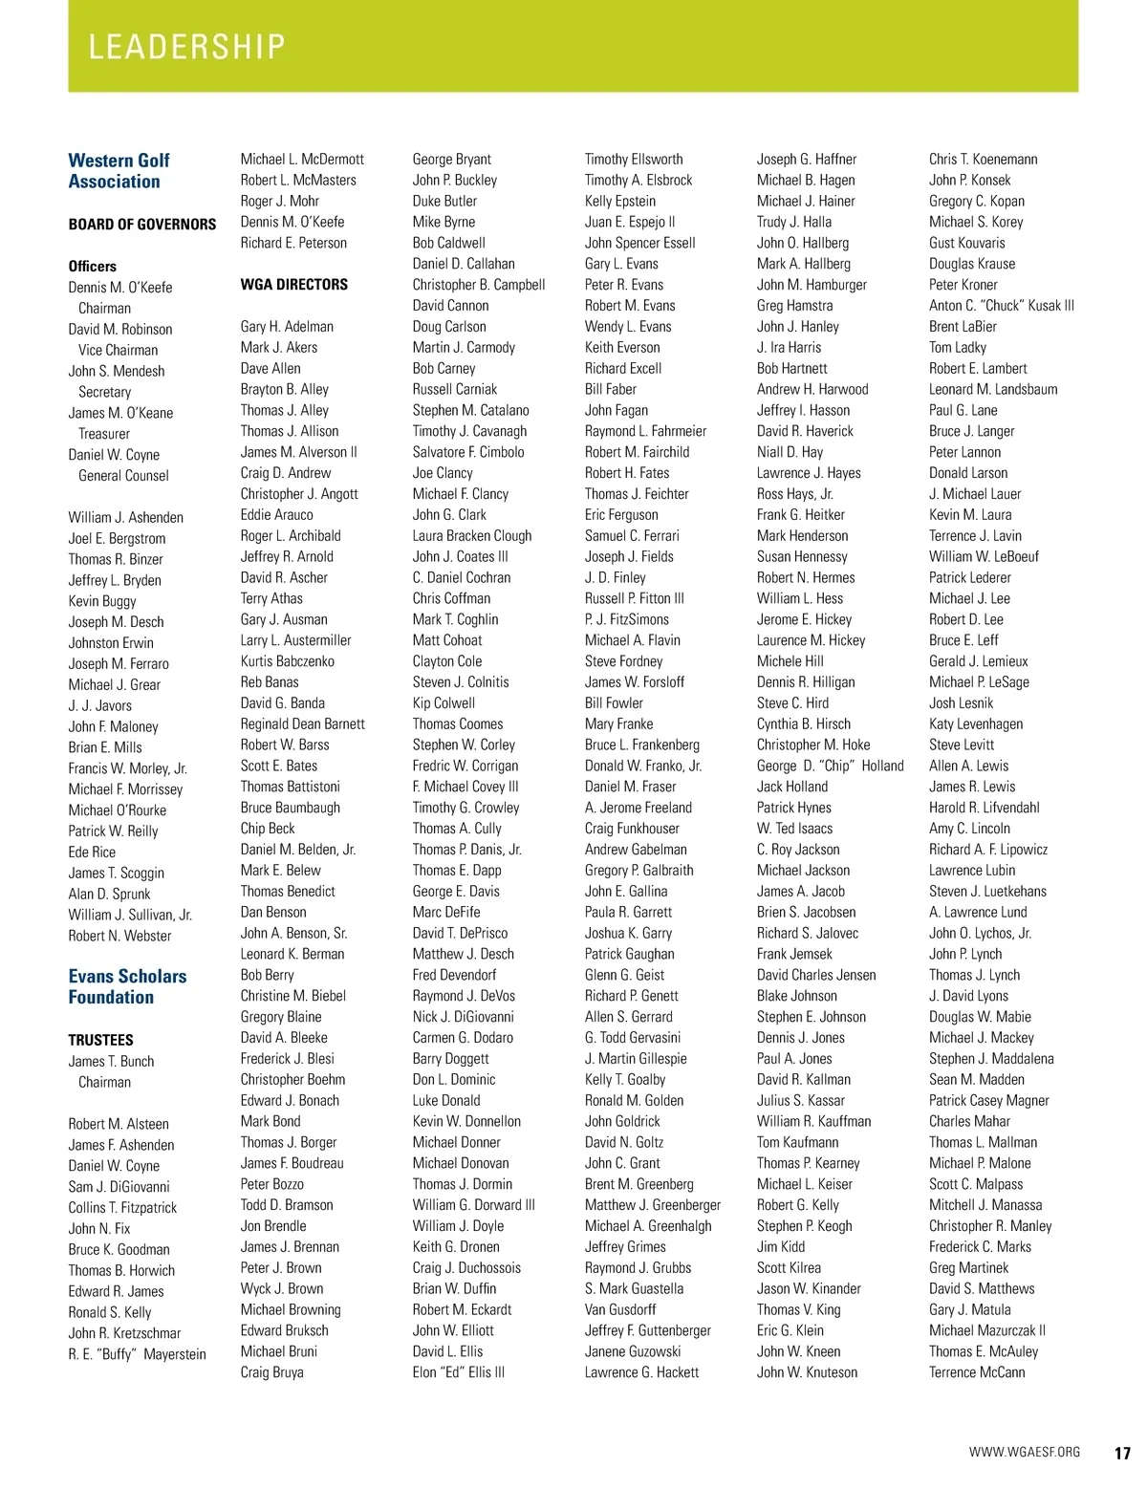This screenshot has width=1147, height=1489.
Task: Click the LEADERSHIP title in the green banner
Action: click(x=186, y=47)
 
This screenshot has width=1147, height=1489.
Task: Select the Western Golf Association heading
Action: click(x=119, y=171)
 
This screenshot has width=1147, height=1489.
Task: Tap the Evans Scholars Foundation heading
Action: click(x=127, y=986)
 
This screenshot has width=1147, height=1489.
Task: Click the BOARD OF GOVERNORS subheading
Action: click(x=142, y=225)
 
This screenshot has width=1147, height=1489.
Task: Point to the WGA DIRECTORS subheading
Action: click(x=294, y=285)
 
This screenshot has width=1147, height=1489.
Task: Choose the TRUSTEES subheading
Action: click(x=100, y=1040)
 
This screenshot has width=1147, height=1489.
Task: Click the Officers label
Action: click(x=92, y=267)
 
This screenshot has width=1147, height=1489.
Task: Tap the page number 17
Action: click(x=1122, y=1453)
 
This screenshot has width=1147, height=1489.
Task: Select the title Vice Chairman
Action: click(x=118, y=350)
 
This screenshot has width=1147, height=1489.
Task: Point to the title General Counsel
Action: click(x=123, y=476)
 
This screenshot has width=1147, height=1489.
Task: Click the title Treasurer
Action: click(x=103, y=434)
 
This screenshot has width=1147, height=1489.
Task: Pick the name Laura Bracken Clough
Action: click(x=471, y=536)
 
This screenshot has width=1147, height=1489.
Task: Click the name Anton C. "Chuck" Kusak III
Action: click(x=1001, y=306)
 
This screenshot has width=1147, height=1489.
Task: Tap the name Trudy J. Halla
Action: click(x=793, y=222)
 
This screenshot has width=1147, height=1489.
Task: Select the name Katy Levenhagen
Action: click(x=975, y=724)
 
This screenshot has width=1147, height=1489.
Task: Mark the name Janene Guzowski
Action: click(x=633, y=1351)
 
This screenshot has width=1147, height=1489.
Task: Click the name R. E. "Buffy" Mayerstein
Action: click(x=137, y=1354)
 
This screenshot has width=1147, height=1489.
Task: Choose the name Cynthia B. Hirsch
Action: click(x=803, y=724)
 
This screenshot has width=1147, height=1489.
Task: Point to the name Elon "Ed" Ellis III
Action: click(x=458, y=1372)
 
